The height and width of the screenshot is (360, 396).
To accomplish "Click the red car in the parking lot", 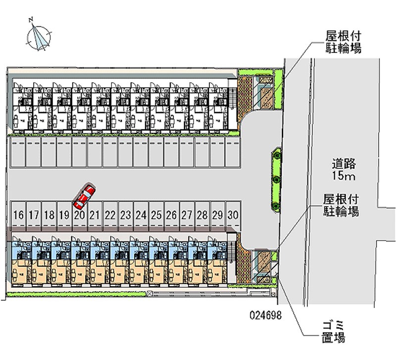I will (x=84, y=196).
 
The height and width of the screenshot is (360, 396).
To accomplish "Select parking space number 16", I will (x=19, y=215).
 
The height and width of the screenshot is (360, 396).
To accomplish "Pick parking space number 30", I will (x=234, y=215).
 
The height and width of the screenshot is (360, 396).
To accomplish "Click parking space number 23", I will (x=126, y=215).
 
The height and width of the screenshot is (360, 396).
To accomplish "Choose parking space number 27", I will (x=187, y=215).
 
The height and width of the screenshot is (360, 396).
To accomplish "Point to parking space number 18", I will (x=49, y=215).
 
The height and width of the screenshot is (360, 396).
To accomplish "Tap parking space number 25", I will (x=156, y=215).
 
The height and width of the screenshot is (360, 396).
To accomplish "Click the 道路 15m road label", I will (x=344, y=169).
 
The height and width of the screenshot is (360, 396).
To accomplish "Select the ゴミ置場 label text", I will (x=331, y=332).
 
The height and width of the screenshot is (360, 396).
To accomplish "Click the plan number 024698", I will (x=266, y=315).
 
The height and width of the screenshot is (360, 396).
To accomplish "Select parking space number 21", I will (x=96, y=215).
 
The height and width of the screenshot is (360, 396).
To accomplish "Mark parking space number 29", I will (x=217, y=215).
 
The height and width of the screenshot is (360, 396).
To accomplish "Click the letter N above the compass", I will (x=31, y=20).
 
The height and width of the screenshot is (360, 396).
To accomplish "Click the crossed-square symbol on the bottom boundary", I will (x=149, y=294).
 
